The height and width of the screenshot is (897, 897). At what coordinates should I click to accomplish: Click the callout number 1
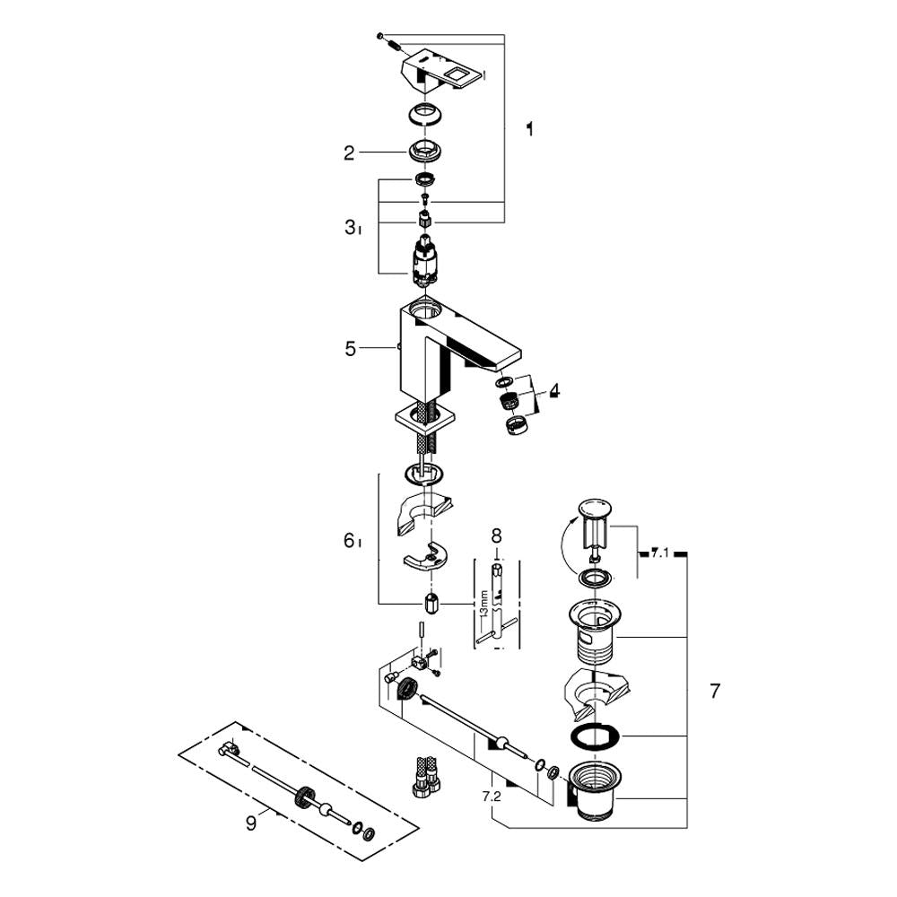tap(530, 129)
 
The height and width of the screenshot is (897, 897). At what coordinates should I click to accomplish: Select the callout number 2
tap(349, 153)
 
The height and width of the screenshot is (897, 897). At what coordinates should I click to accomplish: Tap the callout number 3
tap(351, 228)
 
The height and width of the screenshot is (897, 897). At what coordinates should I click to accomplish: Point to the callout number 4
tap(553, 391)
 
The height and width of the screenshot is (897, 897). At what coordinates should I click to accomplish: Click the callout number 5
tap(350, 349)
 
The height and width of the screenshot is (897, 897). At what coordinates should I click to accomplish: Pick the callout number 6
tap(349, 540)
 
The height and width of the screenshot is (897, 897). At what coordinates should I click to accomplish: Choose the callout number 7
tap(715, 691)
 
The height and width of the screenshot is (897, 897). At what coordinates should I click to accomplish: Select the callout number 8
tap(496, 536)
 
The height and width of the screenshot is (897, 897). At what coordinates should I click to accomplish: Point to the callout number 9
tap(250, 823)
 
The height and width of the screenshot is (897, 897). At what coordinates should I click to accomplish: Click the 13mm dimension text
tap(484, 604)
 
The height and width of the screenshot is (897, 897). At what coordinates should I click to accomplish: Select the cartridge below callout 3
tap(424, 260)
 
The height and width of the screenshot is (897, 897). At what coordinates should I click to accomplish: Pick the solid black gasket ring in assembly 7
tap(595, 736)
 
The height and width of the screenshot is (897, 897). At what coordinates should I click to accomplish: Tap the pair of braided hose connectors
tap(425, 775)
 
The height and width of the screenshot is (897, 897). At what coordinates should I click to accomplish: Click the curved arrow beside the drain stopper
tap(563, 544)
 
